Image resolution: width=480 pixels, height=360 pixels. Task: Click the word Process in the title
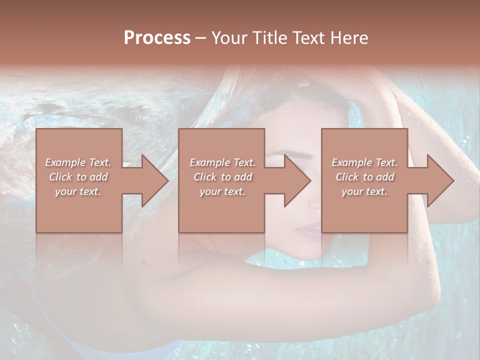tap(157, 38)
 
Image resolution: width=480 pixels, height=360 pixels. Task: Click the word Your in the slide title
tap(230, 38)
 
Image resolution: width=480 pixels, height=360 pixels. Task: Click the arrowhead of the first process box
tap(152, 180)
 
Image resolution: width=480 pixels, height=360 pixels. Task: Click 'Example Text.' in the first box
tap(78, 162)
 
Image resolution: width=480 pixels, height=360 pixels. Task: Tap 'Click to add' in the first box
tap(78, 177)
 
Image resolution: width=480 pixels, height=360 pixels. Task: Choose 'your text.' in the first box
tap(78, 191)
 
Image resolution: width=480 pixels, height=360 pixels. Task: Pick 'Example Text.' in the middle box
tap(222, 162)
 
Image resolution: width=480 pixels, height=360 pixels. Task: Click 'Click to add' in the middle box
tap(222, 177)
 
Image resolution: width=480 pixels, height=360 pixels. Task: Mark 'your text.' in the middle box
tap(222, 191)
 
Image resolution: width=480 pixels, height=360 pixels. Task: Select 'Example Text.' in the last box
tap(364, 162)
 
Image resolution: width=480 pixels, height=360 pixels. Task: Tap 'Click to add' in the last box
tap(364, 177)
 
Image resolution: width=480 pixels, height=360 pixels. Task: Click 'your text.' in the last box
tap(364, 191)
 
